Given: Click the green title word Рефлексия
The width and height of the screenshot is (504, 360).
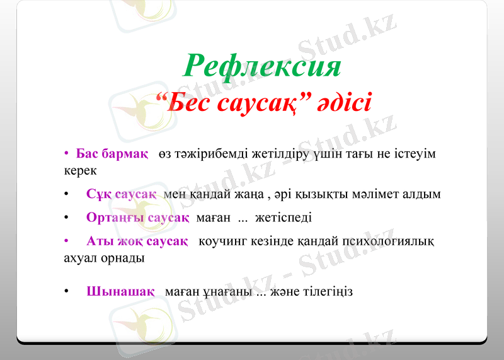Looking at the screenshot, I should tap(262, 66).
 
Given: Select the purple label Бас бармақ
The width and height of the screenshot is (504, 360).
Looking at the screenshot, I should tap(112, 154).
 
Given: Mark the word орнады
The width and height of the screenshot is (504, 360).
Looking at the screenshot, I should tap(122, 258).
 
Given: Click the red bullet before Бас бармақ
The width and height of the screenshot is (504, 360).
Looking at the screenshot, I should tap(66, 154).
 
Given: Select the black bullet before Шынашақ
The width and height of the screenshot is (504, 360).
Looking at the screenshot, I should tap(66, 292).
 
